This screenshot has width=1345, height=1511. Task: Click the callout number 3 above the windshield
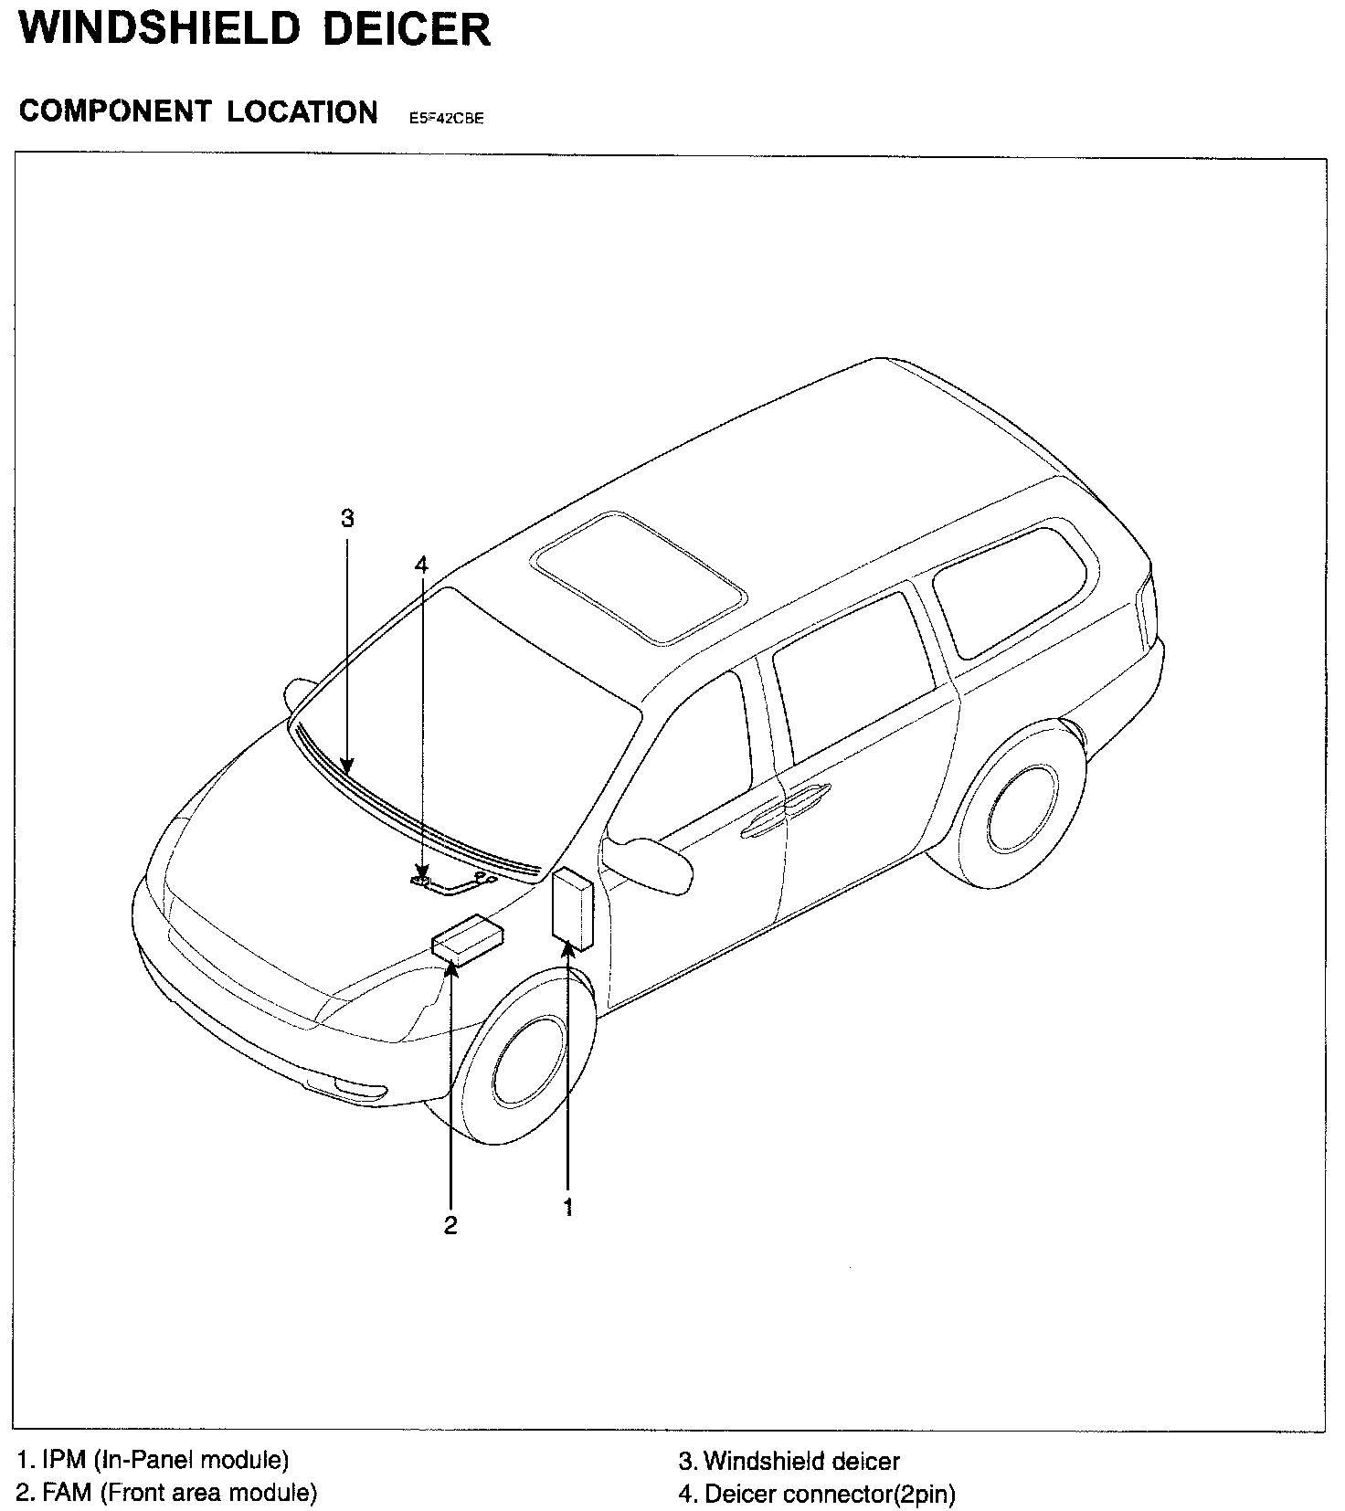[347, 519]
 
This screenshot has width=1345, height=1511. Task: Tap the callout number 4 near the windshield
[421, 565]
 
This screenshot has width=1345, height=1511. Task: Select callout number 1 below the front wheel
[568, 1207]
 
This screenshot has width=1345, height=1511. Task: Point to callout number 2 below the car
[450, 1225]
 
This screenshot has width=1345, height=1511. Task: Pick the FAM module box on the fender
[468, 937]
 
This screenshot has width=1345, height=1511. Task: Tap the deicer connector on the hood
[421, 882]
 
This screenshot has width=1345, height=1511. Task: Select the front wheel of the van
[528, 1066]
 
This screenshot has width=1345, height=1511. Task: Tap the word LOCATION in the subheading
[302, 111]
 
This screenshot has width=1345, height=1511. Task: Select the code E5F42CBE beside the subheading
[440, 118]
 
